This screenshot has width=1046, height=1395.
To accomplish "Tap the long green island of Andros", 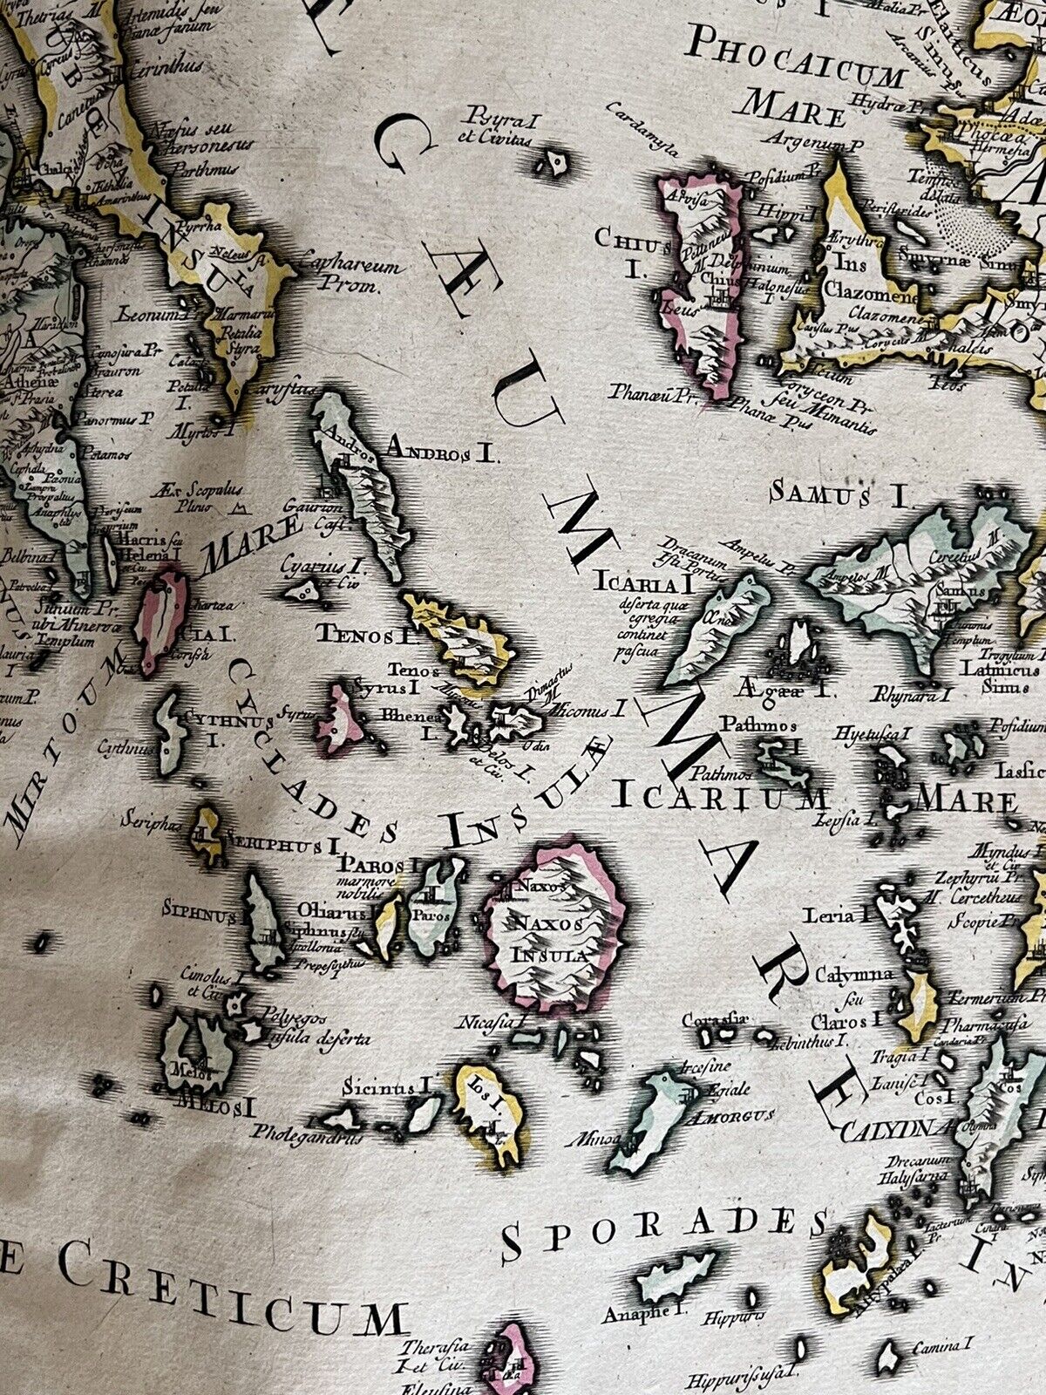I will click(366, 488).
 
